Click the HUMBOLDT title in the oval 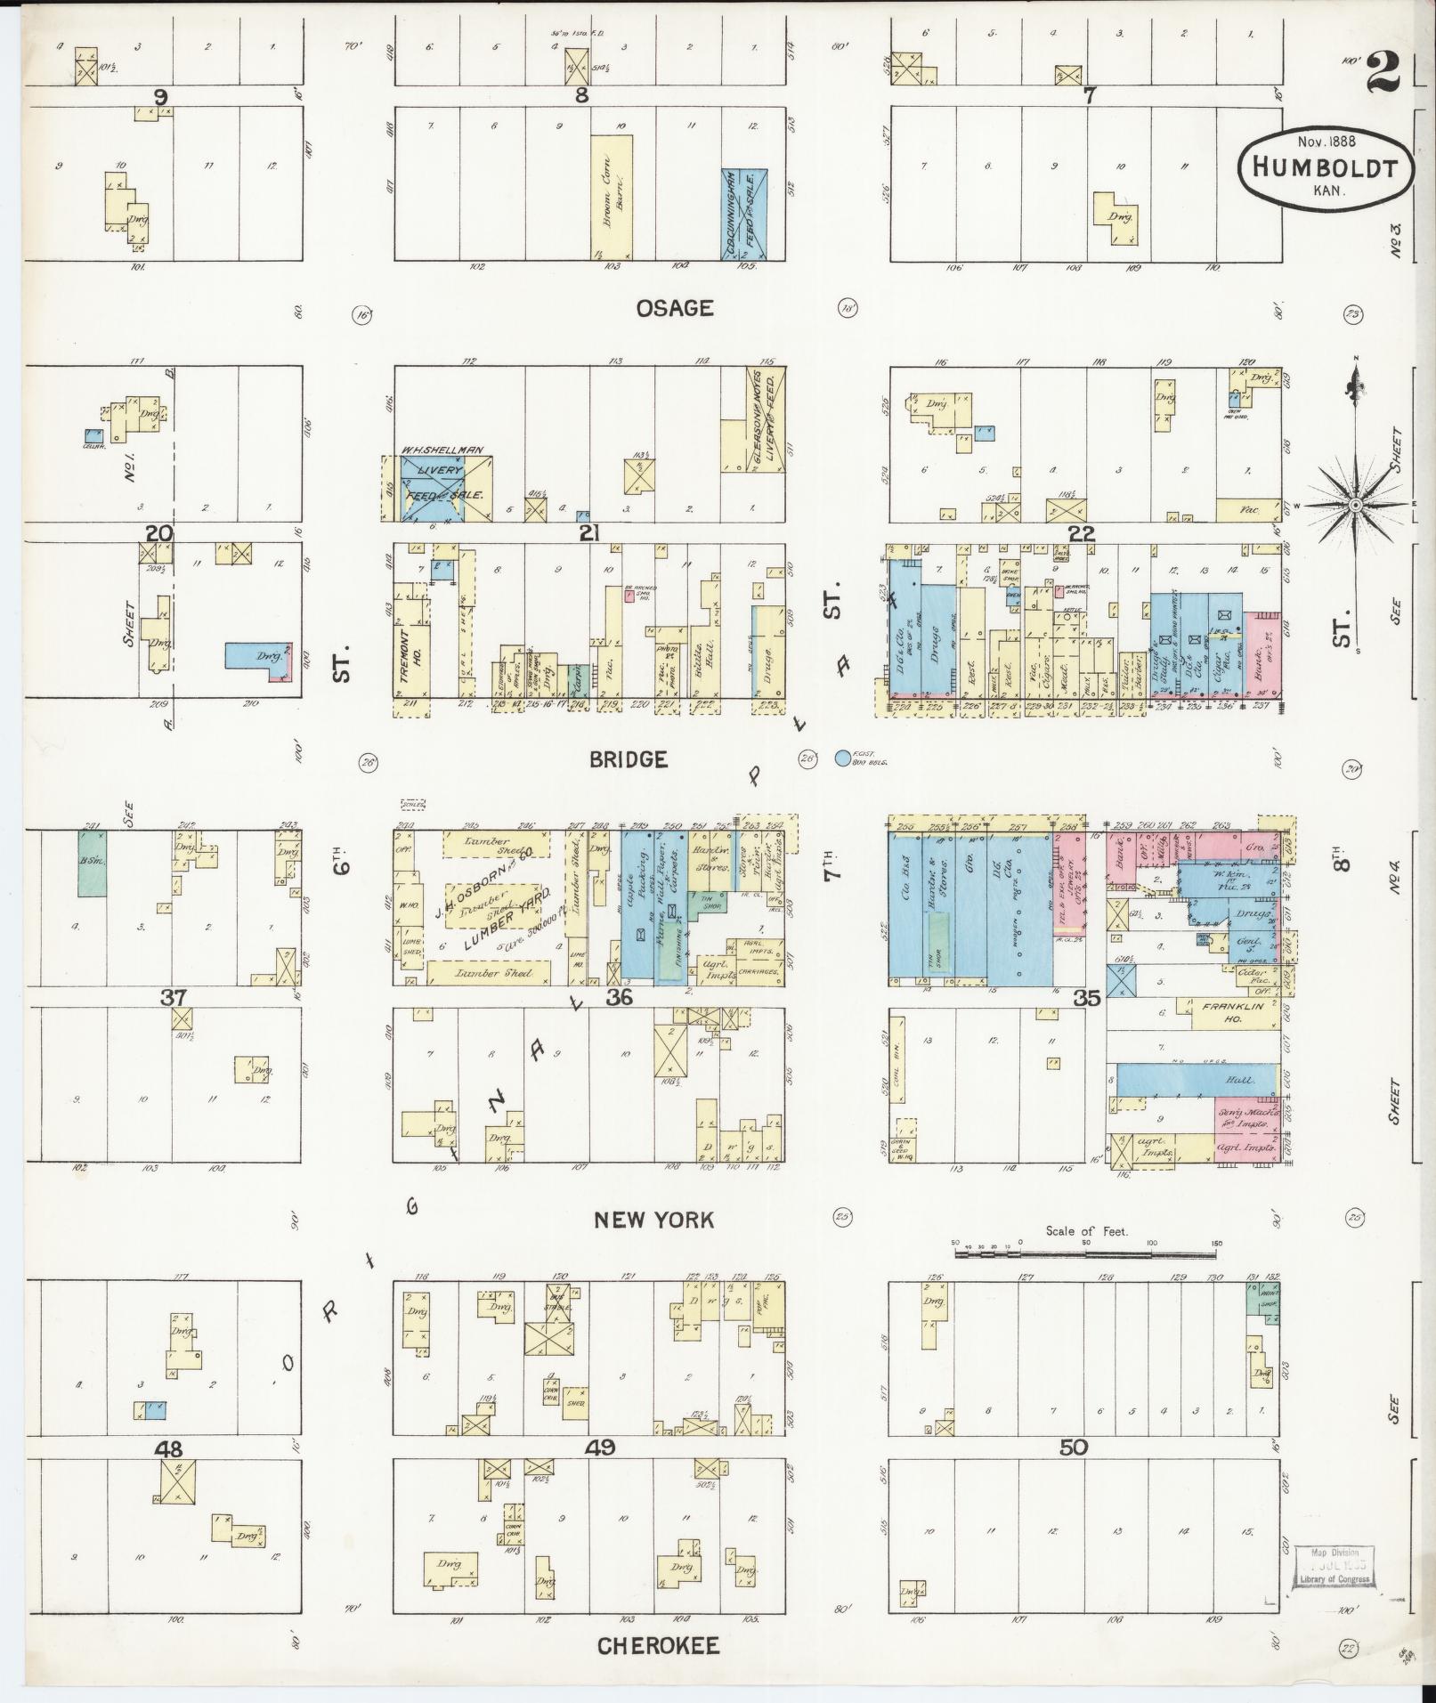click(1324, 167)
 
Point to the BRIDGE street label click(628, 759)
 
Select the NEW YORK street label click(654, 1220)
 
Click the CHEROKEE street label click(658, 1646)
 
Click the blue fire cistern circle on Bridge click(842, 759)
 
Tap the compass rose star click(1355, 505)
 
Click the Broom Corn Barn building click(612, 198)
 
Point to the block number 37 click(173, 998)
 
